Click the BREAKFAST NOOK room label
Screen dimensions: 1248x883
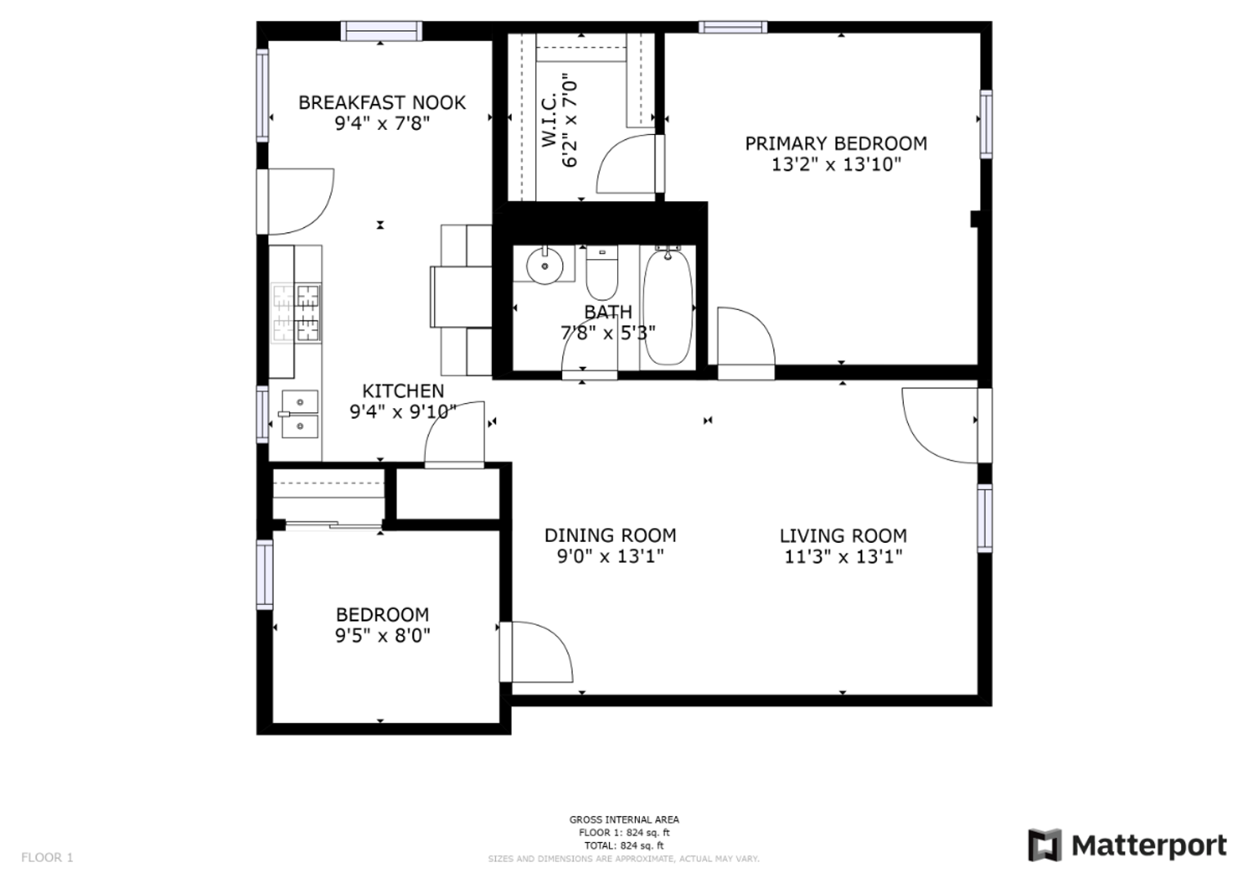click(x=382, y=102)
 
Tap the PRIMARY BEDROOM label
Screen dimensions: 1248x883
click(x=836, y=144)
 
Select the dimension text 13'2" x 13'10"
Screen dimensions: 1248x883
click(x=836, y=164)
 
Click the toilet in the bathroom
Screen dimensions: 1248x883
click(x=602, y=273)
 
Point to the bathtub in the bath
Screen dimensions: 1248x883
click(x=668, y=306)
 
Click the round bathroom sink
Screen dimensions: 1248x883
click(x=544, y=266)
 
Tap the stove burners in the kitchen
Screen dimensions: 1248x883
click(x=296, y=312)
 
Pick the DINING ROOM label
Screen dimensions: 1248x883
click(x=610, y=536)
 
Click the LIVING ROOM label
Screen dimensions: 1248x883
click(x=843, y=536)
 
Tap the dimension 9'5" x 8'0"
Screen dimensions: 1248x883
click(x=382, y=635)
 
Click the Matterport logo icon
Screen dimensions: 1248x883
click(x=1044, y=845)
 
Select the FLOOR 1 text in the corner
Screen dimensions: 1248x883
click(x=47, y=858)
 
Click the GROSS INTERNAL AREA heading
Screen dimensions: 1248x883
click(x=624, y=819)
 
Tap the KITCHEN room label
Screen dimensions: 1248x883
click(x=403, y=391)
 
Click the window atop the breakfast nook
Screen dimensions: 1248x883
click(x=381, y=31)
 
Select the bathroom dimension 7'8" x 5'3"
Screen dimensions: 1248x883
click(x=608, y=333)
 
